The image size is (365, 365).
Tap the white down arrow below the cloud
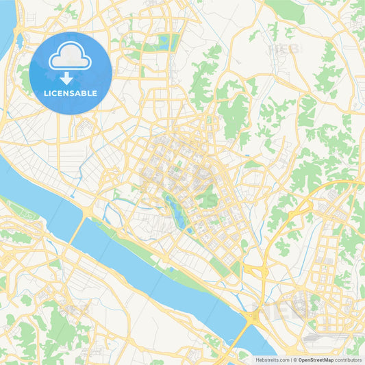pos(66,78)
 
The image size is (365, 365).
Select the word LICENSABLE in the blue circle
pos(70,93)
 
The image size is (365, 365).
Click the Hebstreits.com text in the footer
pos(273,359)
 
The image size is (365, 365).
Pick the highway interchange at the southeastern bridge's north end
pos(255,316)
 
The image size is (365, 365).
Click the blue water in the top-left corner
pos(5,27)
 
